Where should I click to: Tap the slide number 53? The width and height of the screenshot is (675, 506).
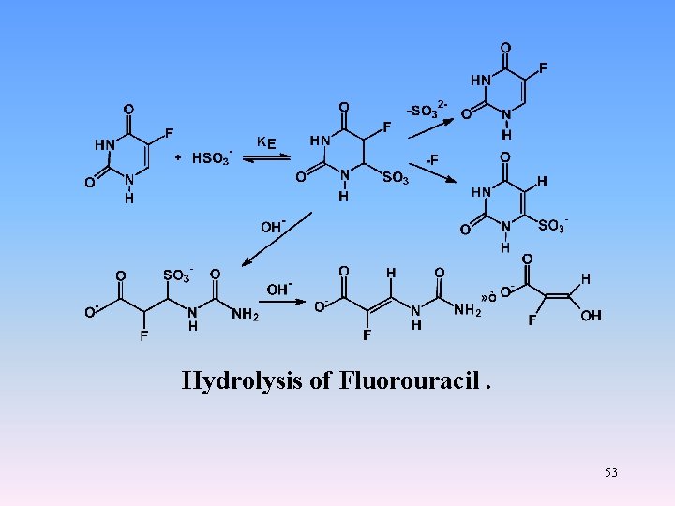point(611,472)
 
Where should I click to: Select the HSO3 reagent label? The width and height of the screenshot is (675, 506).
point(212,158)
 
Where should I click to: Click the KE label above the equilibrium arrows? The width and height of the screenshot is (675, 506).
point(266,142)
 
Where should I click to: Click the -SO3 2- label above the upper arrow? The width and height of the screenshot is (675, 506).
point(427,109)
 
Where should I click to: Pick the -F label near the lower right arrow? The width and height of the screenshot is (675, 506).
point(432,159)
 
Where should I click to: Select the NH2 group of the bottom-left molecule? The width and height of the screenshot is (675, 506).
point(244,315)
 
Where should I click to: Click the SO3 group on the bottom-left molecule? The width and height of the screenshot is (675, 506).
point(176,275)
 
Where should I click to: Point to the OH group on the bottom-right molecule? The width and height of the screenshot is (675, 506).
point(591,317)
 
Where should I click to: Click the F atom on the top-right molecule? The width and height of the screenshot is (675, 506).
point(544,68)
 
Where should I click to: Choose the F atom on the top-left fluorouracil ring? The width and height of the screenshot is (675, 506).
point(169,133)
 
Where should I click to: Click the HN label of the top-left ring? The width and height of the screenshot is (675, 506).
point(105,145)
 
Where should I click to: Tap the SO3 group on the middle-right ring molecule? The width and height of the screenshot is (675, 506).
point(551,225)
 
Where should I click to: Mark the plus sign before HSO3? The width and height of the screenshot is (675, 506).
point(179,158)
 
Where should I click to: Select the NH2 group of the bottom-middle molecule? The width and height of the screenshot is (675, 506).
point(468,310)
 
